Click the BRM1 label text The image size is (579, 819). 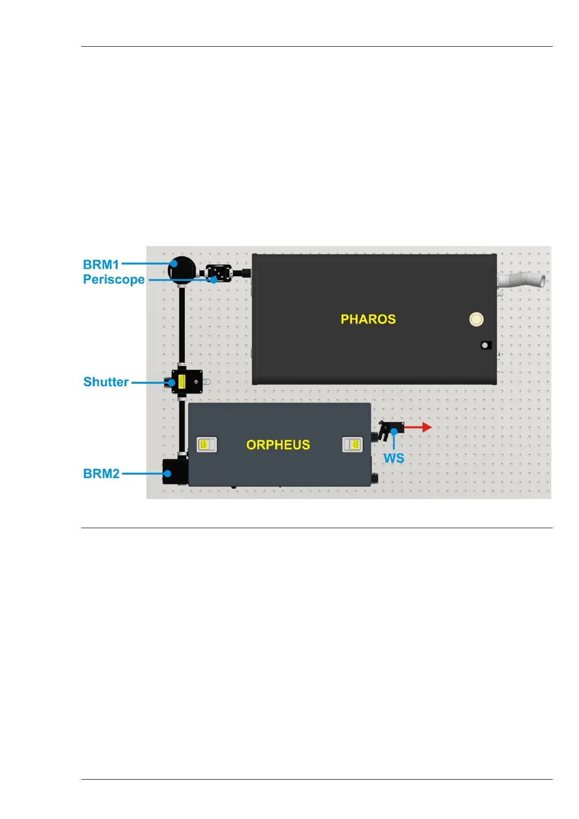coord(101,265)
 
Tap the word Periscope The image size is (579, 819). coord(114,280)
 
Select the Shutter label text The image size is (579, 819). coord(106,382)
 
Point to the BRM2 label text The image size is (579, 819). coord(101,474)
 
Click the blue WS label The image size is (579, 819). coord(393,459)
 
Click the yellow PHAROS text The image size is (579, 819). coord(368,319)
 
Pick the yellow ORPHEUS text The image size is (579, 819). coord(278,445)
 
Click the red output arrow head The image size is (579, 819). coord(427,427)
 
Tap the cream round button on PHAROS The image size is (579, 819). coord(476,319)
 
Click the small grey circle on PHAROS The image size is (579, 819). coord(485,345)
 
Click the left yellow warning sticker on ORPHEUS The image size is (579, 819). coord(206,445)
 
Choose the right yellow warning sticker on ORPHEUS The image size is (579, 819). coord(353,445)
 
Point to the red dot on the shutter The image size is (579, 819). coord(196,382)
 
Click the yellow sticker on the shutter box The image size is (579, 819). coord(181,382)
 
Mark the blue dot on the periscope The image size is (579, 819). coord(214,280)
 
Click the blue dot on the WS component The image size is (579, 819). coord(394,431)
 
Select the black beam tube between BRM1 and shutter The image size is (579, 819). coord(181,326)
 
